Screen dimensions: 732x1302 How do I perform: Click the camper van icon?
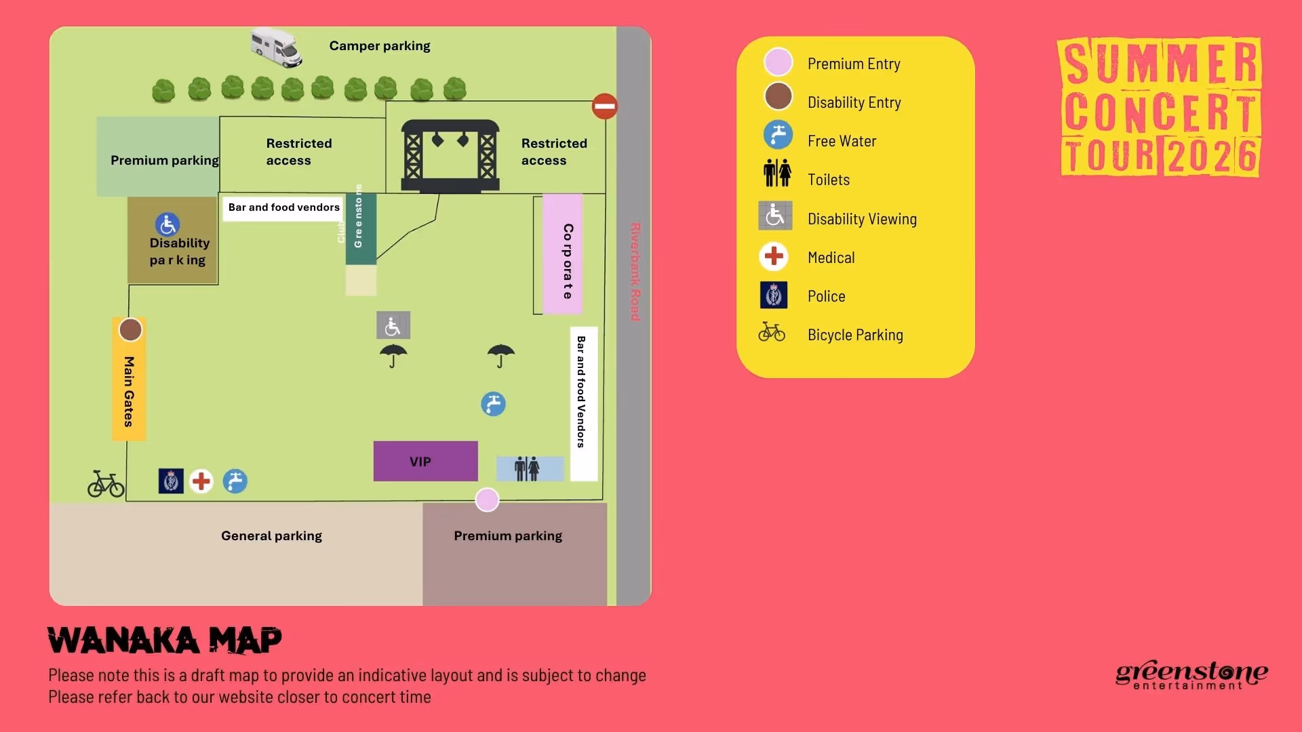coord(276,47)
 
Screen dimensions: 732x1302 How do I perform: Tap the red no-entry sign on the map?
coord(604,106)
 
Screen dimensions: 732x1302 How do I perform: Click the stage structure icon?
coord(450,156)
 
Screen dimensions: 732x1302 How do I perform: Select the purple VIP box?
coord(425,462)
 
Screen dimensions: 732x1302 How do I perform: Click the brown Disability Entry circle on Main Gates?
coord(130,330)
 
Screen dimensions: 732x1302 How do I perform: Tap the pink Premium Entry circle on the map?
coord(487,500)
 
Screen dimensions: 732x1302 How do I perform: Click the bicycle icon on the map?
coord(106,484)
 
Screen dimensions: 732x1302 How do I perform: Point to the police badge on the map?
coord(171,481)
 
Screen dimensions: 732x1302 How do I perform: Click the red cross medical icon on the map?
coord(201,481)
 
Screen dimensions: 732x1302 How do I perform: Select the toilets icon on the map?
coord(527,468)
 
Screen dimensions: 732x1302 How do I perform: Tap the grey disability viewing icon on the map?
coord(393,326)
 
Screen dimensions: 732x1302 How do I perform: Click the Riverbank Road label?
coord(635,271)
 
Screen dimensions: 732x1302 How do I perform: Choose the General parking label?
coord(271,536)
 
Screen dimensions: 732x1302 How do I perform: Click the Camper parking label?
coord(380,46)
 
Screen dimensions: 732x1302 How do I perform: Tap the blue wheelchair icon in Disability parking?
coord(167,224)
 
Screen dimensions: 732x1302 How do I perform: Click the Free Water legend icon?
coord(778,135)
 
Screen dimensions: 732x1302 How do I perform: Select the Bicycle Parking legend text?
coord(855,335)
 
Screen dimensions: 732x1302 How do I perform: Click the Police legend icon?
coord(774,296)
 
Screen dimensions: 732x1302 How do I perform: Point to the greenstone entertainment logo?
coord(1191,675)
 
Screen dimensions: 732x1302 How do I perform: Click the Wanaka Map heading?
coord(165,640)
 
